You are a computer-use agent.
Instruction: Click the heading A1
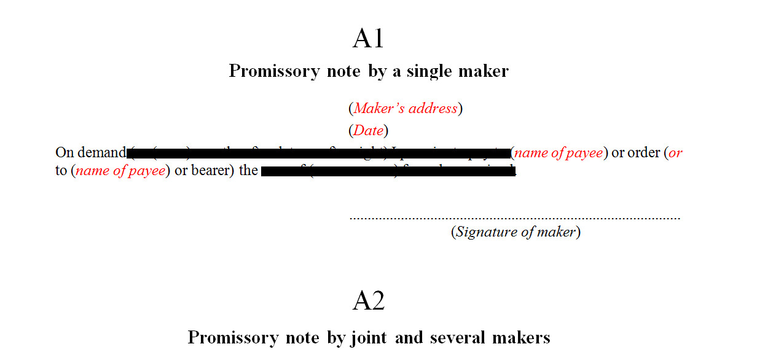[368, 39]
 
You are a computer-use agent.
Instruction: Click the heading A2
[368, 301]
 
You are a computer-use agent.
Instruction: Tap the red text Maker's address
[406, 109]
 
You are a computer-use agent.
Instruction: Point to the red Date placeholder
[368, 131]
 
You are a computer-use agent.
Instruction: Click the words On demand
[90, 153]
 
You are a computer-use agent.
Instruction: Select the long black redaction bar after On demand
[318, 154]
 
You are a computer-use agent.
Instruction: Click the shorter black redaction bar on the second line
[388, 171]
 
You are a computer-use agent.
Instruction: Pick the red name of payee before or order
[559, 153]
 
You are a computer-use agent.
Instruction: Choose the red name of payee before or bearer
[120, 171]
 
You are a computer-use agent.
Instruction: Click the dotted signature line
[515, 217]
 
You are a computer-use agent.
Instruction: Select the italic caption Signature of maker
[516, 232]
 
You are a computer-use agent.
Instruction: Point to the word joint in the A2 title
[370, 338]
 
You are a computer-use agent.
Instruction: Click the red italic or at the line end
[675, 153]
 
